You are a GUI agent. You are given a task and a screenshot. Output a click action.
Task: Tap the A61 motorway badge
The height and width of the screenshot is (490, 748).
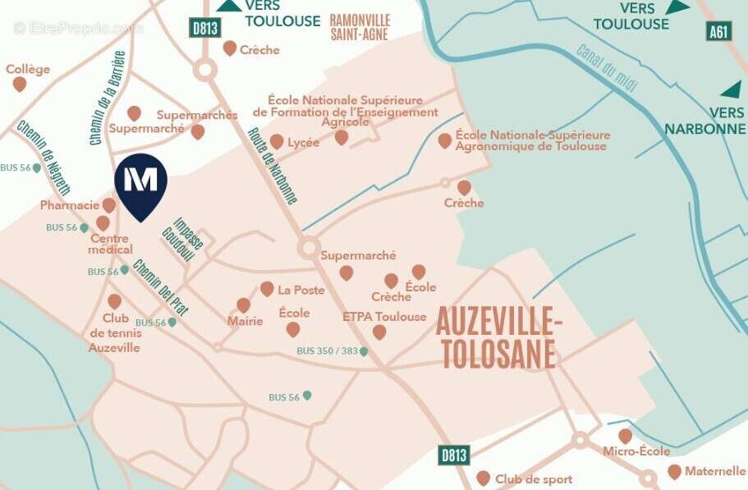pyautogui.click(x=718, y=31)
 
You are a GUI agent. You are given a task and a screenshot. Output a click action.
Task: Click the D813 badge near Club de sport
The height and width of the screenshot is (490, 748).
pyautogui.click(x=453, y=456)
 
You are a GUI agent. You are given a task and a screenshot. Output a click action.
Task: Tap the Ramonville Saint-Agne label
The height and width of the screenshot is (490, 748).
pyautogui.click(x=360, y=27)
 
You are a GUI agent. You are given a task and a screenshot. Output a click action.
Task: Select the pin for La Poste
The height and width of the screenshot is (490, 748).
pyautogui.click(x=267, y=288)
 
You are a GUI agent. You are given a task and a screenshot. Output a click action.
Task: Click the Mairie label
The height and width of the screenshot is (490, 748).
pyautogui.click(x=246, y=321)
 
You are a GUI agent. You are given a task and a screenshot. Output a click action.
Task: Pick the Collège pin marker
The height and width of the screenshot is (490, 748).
pyautogui.click(x=20, y=84)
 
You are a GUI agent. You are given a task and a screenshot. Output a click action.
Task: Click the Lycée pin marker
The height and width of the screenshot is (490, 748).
pyautogui.click(x=277, y=141)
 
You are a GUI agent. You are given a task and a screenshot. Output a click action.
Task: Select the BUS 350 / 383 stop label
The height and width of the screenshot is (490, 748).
pyautogui.click(x=327, y=351)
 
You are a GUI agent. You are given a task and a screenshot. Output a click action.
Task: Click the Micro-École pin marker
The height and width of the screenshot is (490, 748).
pyautogui.click(x=626, y=435)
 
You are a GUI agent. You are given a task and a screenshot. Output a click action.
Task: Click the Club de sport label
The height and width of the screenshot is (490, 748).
pyautogui.click(x=534, y=479)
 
